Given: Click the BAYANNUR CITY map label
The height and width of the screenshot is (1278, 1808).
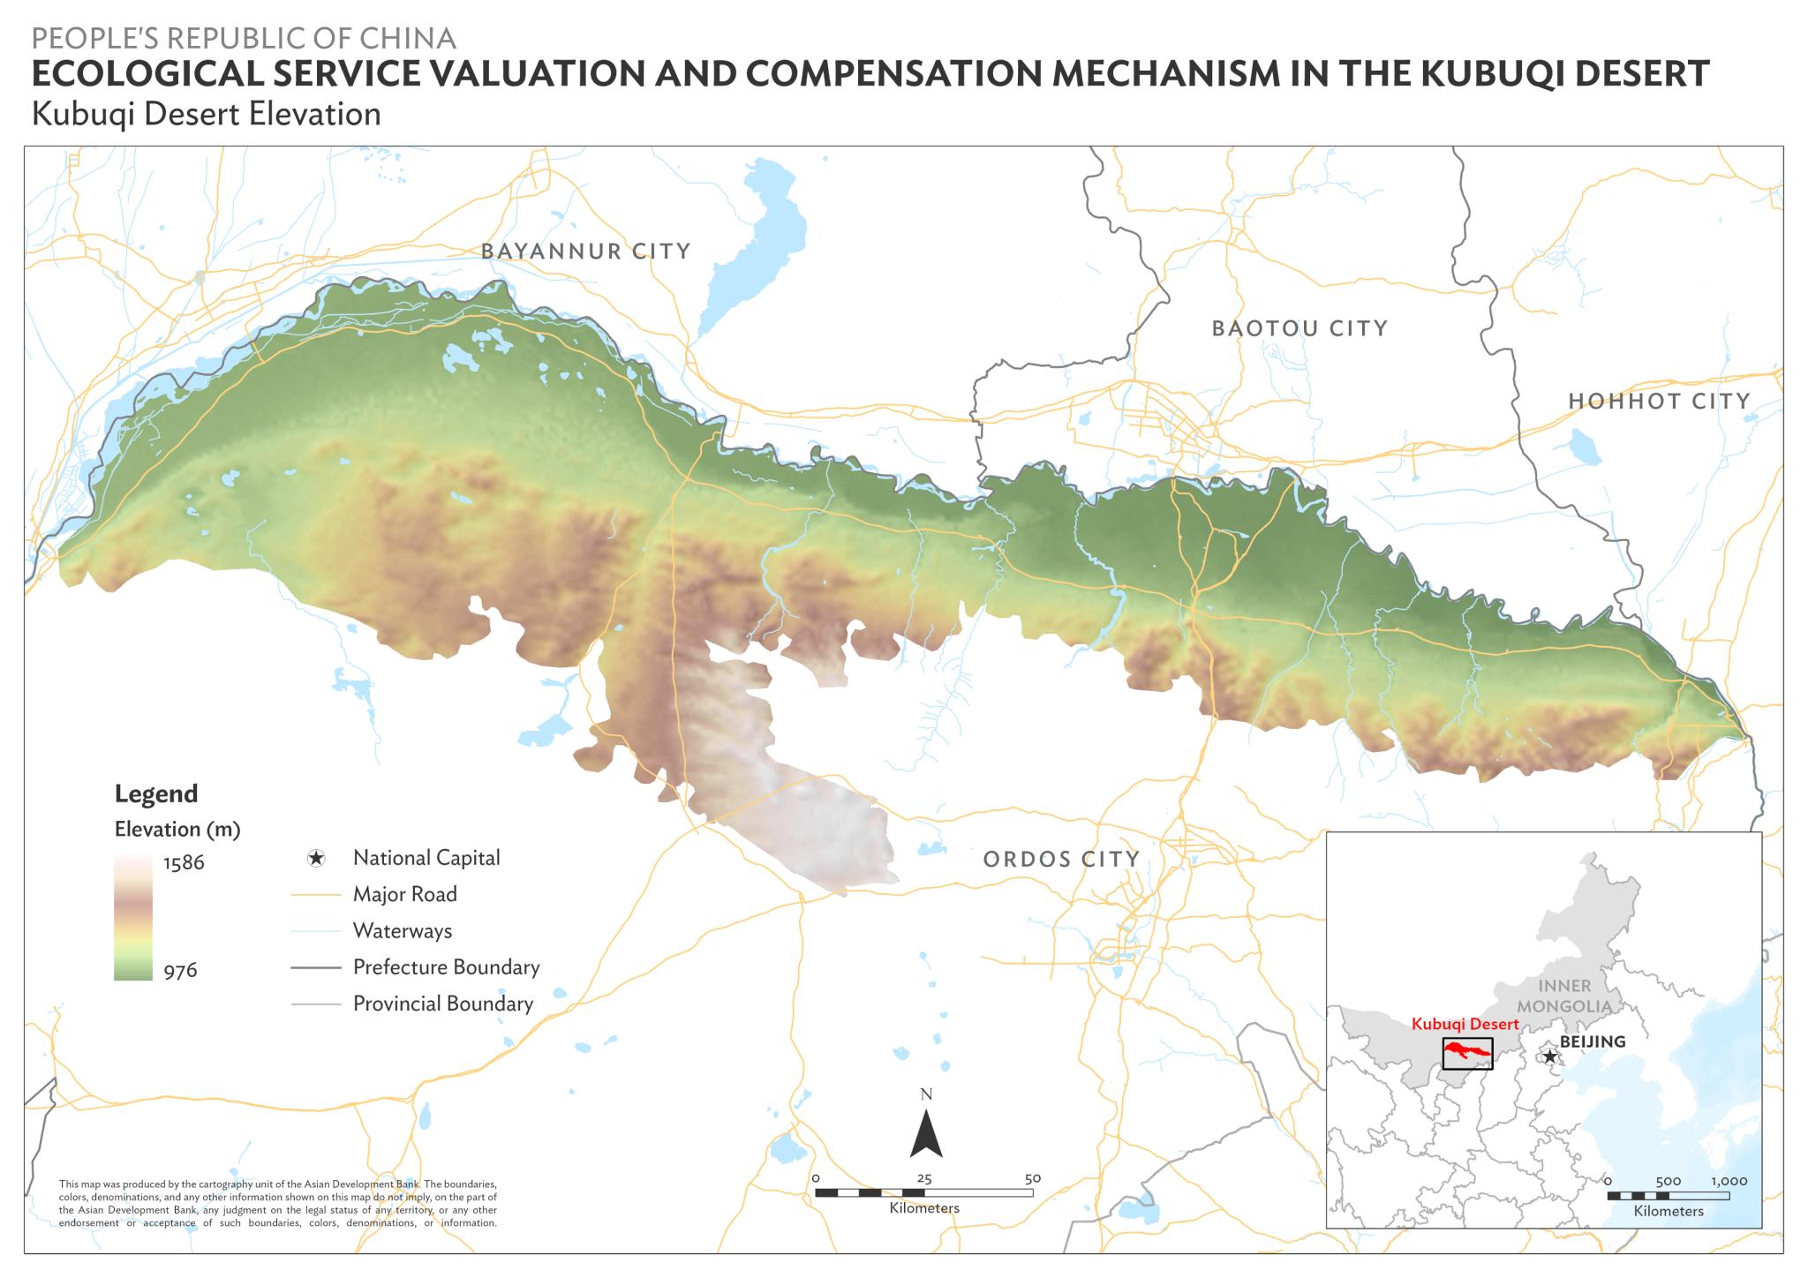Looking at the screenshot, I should coord(585,252).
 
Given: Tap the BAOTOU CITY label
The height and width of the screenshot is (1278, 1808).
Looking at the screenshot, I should coord(1299,329).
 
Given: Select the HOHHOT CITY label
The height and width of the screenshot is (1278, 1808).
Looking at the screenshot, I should coord(1659,402).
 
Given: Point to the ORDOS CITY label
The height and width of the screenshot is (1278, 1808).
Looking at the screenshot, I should coord(1061,859).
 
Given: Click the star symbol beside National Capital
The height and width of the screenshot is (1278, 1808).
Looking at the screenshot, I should coord(316,858).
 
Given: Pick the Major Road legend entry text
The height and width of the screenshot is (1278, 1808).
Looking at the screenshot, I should coord(404,894).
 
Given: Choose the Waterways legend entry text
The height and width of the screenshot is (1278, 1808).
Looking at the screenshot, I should coord(402,930).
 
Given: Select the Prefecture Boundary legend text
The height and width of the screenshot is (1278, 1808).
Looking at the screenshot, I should coord(446,966).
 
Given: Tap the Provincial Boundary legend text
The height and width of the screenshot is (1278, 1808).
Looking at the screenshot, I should coord(442,1004).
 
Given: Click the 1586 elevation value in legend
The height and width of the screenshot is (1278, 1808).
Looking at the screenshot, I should coord(184,863).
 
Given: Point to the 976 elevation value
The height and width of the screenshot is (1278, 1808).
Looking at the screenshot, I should coord(180,971).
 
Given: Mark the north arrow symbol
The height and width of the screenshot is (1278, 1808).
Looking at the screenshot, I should coord(926,1133).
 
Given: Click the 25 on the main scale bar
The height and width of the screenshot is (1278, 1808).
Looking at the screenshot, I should coord(923,1178).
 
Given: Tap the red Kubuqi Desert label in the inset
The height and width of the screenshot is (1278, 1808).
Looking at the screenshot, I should coord(1465,1025).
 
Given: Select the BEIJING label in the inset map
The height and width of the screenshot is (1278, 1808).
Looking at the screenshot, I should coord(1592,1041).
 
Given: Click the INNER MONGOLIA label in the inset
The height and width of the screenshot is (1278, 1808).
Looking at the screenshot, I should coord(1565,996).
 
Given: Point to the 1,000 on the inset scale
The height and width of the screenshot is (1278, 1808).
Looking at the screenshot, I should coord(1728,1181).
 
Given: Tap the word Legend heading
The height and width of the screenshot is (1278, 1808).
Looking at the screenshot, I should coord(155,794).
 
